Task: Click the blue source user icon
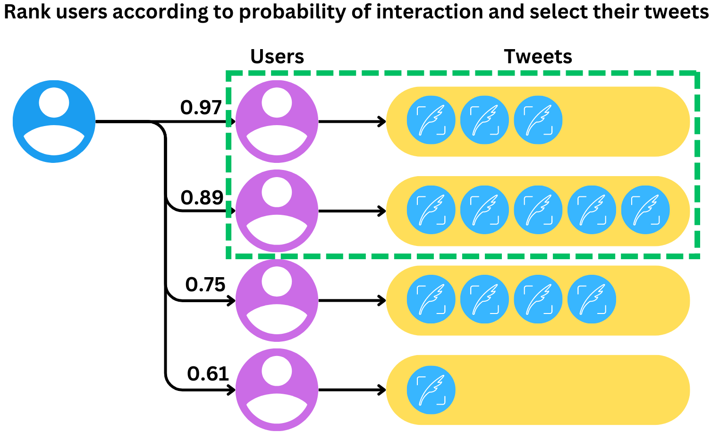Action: click(54, 121)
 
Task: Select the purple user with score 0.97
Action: click(277, 121)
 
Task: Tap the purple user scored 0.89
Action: click(277, 211)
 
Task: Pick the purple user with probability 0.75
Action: click(277, 300)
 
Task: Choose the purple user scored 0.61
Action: click(277, 390)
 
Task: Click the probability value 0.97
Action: click(201, 108)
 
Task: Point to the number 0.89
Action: click(202, 197)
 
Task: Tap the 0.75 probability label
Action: click(205, 285)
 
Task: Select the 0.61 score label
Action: click(208, 374)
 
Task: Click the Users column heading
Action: click(277, 57)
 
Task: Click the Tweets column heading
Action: click(538, 57)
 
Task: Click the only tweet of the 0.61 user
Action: click(431, 390)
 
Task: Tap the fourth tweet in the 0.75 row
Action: click(592, 300)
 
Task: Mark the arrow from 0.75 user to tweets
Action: click(352, 300)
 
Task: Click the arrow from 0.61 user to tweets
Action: click(352, 390)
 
